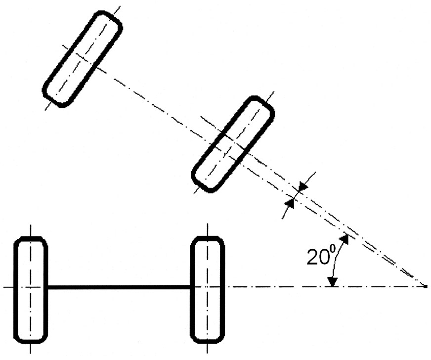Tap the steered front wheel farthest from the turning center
82,59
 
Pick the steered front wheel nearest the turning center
233,144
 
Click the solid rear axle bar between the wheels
119,287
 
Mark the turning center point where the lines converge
425,286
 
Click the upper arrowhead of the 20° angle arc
345,239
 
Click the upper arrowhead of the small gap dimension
302,186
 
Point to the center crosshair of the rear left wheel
31,287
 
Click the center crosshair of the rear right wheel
208,287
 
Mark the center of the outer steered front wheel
82,59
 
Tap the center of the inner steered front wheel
233,144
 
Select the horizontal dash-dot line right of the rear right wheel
277,287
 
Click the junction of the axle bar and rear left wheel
48,287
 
